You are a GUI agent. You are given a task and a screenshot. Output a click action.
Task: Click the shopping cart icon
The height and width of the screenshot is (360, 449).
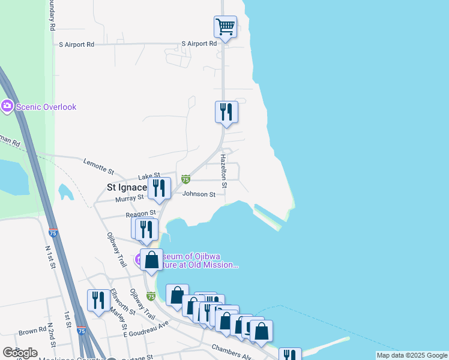pos(225,26)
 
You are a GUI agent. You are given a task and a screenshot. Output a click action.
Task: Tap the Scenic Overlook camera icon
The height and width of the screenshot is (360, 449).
pos(7,107)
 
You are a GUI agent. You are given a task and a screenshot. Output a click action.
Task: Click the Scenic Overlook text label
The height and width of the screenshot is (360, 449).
pos(46,107)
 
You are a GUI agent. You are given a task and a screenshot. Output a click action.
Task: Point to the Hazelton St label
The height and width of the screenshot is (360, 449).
pos(223,171)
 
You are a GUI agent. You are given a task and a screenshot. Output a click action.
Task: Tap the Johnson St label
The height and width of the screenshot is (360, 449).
pos(199,194)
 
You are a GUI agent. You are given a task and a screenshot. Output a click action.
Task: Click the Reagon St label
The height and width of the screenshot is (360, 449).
pos(140,213)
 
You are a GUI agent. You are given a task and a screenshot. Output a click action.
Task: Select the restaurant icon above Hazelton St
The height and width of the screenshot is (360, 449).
pos(226,112)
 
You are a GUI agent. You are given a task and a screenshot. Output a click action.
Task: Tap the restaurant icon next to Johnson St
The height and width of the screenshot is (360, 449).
pos(159,188)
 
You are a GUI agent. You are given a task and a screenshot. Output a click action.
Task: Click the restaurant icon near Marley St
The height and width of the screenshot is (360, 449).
pos(98,300)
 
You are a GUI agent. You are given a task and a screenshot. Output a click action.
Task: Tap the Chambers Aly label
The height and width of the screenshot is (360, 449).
pos(231,351)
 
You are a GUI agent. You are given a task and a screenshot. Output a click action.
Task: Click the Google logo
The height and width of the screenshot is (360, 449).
pos(20,353)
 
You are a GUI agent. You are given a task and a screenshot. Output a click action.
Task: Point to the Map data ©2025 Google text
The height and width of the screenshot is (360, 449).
pos(412,355)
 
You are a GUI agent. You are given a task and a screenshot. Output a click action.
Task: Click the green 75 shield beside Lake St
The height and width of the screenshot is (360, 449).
pos(185,179)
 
